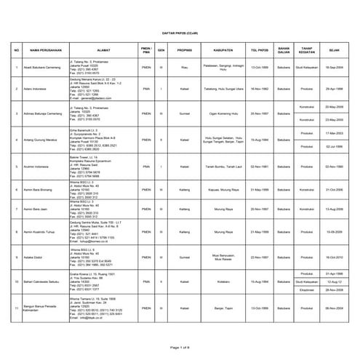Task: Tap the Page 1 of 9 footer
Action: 179,348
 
